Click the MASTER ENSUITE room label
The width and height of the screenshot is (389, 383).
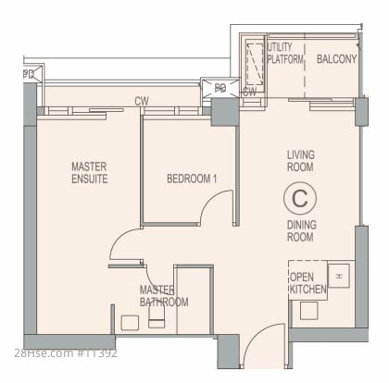(90, 173)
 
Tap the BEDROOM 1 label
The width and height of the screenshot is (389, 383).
(192, 179)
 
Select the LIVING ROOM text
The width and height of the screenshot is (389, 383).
(301, 161)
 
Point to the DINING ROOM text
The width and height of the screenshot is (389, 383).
(302, 230)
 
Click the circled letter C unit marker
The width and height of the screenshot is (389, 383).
(300, 198)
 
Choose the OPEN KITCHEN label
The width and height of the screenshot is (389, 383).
(307, 283)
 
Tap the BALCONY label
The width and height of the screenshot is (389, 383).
(336, 59)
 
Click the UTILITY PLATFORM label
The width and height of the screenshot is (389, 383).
(285, 53)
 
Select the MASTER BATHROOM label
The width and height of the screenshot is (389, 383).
(164, 296)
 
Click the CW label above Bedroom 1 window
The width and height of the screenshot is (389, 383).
(142, 101)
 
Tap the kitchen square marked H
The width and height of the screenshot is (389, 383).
(339, 276)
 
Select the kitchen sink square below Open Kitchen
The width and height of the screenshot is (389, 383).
(309, 311)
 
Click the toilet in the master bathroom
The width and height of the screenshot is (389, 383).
(157, 316)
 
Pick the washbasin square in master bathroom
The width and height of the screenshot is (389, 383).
(130, 323)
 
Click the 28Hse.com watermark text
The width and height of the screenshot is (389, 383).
(66, 353)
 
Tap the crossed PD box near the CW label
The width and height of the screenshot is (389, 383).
(220, 88)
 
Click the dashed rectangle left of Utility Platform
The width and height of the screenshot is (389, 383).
(255, 64)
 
